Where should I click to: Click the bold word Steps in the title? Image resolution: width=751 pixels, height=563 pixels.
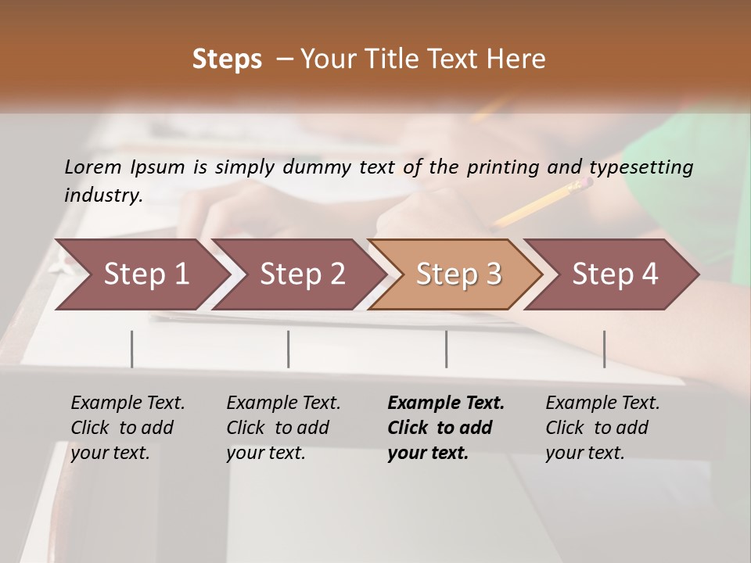(x=227, y=59)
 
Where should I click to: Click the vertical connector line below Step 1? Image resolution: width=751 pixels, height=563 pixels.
(x=132, y=349)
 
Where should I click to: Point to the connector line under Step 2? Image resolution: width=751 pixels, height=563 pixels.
(x=289, y=349)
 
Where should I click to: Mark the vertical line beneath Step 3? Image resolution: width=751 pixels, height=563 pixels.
(x=447, y=349)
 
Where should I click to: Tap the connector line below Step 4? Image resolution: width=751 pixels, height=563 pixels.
(x=605, y=349)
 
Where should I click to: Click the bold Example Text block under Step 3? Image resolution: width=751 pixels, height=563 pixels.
(x=446, y=428)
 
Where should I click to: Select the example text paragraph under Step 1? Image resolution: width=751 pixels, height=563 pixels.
(x=128, y=428)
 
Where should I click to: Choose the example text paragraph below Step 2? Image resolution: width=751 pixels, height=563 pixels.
(x=283, y=428)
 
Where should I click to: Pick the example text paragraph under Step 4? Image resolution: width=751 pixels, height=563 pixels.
(x=602, y=428)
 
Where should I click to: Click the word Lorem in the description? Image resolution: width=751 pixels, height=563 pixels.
(x=93, y=167)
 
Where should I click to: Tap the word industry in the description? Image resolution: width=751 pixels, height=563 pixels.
(x=102, y=195)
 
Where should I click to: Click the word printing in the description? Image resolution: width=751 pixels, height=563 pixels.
(x=510, y=167)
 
